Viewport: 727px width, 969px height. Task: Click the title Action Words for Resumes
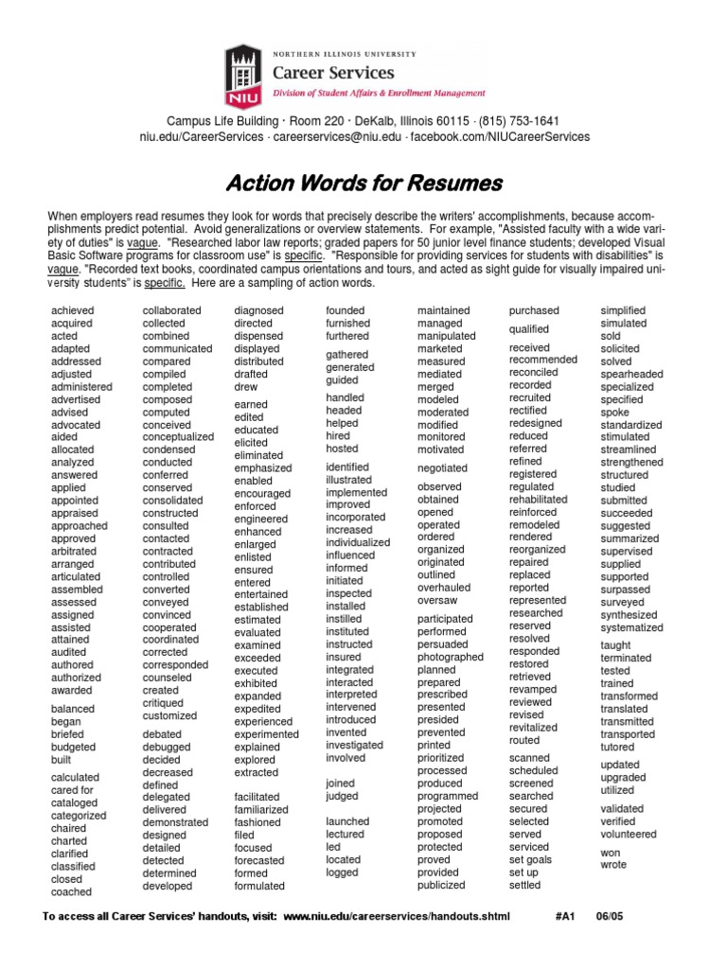(363, 183)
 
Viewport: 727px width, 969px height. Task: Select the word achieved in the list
(73, 310)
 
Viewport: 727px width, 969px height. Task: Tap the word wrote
(613, 865)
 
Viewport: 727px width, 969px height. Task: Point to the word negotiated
(442, 467)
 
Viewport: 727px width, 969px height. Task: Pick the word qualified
(528, 329)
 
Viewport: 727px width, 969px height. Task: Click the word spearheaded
(631, 374)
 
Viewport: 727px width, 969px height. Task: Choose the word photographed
(450, 657)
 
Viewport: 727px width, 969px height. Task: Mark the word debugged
(166, 747)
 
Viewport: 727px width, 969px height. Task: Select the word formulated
(259, 886)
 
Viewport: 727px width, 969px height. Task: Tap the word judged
(343, 797)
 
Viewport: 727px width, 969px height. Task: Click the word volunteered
(629, 835)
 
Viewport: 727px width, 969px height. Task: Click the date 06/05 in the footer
(611, 917)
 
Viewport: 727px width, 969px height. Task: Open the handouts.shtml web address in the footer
(397, 917)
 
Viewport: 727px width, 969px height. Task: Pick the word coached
(72, 891)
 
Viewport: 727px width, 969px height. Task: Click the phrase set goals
(530, 860)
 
